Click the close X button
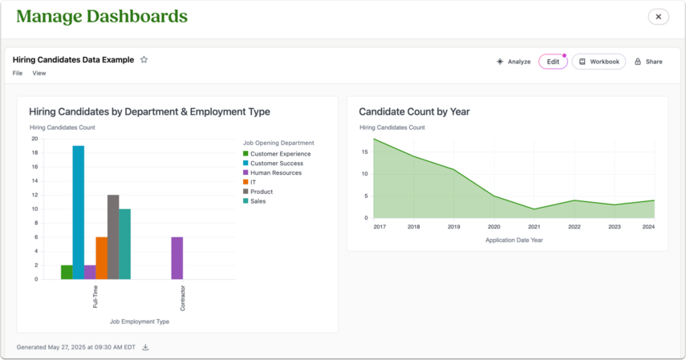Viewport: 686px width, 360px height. coord(658,17)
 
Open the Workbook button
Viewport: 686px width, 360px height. coord(599,62)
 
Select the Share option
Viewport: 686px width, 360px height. coord(648,62)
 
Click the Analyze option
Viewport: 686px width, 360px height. coord(513,62)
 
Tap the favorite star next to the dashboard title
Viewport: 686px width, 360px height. coord(144,59)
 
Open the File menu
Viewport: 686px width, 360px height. coord(18,73)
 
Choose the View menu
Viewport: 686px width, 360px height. coord(39,73)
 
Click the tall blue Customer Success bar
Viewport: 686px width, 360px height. coord(79,212)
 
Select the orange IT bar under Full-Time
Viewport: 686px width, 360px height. coord(102,258)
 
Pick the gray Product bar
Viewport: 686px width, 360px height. coord(113,237)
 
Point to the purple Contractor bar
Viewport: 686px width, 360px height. coord(177,258)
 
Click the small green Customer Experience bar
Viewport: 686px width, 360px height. coord(67,272)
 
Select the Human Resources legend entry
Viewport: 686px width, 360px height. coord(272,172)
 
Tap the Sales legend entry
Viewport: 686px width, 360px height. coord(254,201)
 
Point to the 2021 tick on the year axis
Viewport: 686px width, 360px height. coord(534,227)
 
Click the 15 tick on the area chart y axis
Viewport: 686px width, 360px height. coord(365,152)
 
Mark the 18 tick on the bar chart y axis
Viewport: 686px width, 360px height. coord(35,152)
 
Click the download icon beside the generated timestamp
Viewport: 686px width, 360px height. coord(146,347)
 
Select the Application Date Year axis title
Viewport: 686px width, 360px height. coord(514,241)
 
